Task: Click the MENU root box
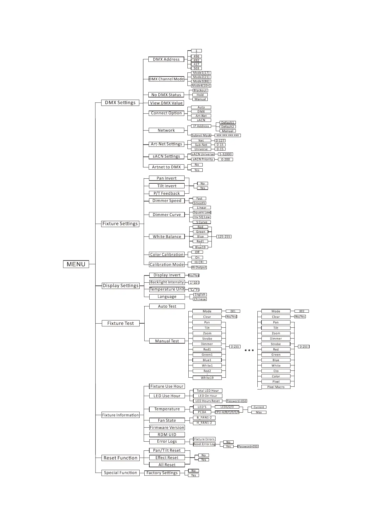[x=76, y=264]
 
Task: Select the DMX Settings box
[x=120, y=103]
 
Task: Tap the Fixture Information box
[x=121, y=415]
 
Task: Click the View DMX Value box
[x=166, y=103]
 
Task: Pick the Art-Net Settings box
[x=166, y=144]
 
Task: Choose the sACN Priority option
[x=203, y=159]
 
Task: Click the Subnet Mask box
[x=201, y=136]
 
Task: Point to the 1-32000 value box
[x=225, y=154]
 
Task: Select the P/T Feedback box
[x=167, y=193]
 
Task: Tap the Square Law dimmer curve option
[x=202, y=212]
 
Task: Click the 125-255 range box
[x=224, y=237]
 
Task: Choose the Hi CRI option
[x=199, y=262]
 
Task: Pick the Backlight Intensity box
[x=167, y=282]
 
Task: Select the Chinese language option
[x=200, y=299]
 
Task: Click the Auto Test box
[x=167, y=306]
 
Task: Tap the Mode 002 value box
[x=302, y=311]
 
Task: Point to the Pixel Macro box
[x=276, y=387]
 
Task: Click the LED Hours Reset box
[x=208, y=401]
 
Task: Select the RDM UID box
[x=167, y=434]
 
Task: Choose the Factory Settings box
[x=162, y=473]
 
